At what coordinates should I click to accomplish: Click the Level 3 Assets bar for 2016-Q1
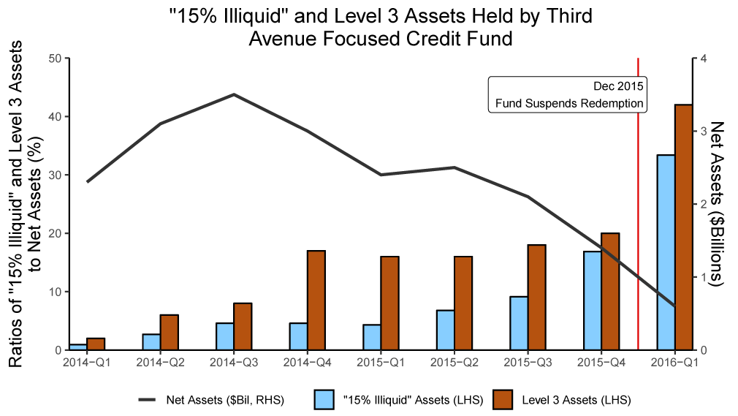pyautogui.click(x=683, y=227)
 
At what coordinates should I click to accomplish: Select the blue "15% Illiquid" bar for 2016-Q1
pyautogui.click(x=666, y=252)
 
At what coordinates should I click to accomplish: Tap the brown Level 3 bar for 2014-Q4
pyautogui.click(x=316, y=300)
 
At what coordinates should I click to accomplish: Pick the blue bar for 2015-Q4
pyautogui.click(x=592, y=300)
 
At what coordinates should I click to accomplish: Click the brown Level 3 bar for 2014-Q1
pyautogui.click(x=96, y=344)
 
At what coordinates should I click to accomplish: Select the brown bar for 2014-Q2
pyautogui.click(x=169, y=332)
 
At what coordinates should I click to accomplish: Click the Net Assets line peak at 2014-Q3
pyautogui.click(x=233, y=94)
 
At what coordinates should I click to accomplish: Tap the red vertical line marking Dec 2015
pyautogui.click(x=639, y=219)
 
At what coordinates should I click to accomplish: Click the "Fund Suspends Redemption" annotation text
pyautogui.click(x=569, y=103)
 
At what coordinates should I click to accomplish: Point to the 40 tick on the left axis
pyautogui.click(x=55, y=116)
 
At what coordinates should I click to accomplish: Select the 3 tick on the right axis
pyautogui.click(x=703, y=131)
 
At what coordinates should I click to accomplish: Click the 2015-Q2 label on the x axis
pyautogui.click(x=454, y=363)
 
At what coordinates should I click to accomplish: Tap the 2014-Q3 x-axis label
pyautogui.click(x=233, y=363)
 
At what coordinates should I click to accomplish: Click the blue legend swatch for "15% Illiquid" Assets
pyautogui.click(x=324, y=400)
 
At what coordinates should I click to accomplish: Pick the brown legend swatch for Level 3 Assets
pyautogui.click(x=504, y=400)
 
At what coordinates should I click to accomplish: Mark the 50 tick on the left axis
pyautogui.click(x=55, y=58)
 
